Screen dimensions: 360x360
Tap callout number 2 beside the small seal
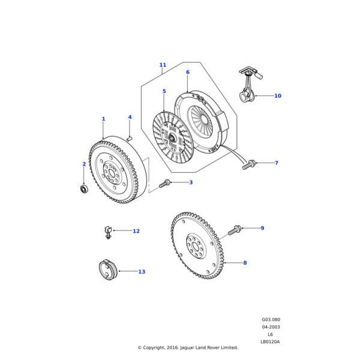coord(84,164)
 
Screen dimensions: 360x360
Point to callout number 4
coord(130,117)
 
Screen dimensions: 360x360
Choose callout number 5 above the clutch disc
coord(164,91)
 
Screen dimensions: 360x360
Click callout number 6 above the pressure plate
coord(187,73)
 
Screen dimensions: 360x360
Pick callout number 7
coord(276,163)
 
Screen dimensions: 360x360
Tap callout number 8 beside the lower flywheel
coord(245,263)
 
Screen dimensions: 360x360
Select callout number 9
coord(262,228)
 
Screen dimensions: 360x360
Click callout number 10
coord(278,95)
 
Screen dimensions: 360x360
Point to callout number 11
coord(163,65)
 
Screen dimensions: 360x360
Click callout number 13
coord(142,272)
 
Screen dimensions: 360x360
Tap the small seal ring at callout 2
coord(85,190)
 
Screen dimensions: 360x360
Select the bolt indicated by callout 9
coord(235,230)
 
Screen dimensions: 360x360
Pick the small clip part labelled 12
coord(108,231)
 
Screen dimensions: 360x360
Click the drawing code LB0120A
coord(270,341)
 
